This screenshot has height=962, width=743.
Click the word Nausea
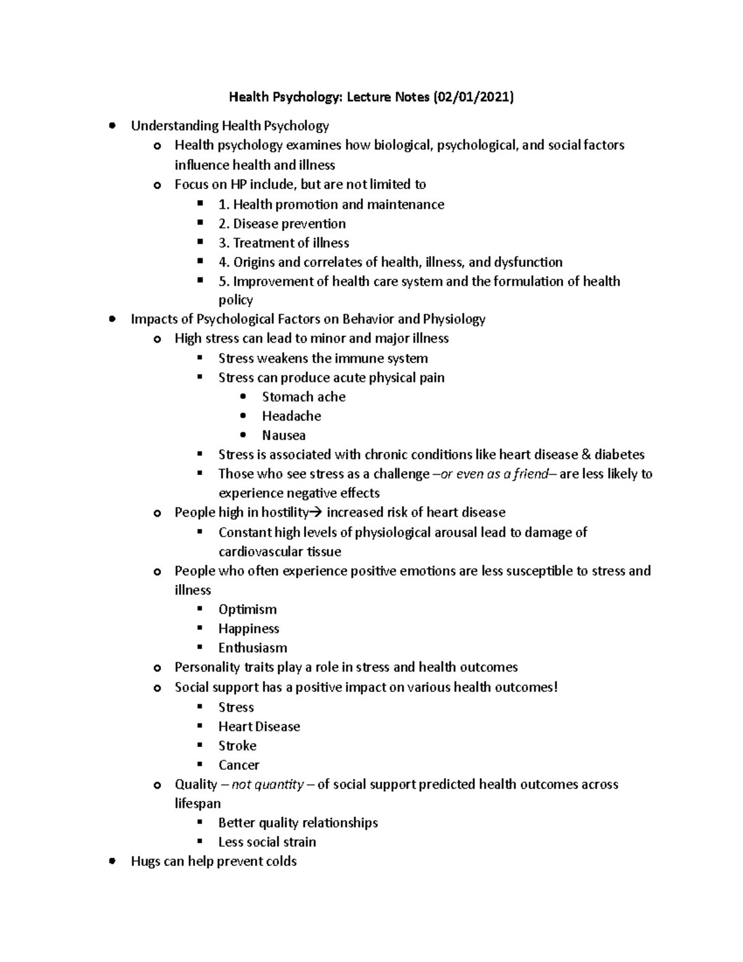coord(284,435)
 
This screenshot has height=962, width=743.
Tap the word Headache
coord(291,416)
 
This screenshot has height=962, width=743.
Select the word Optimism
coord(247,609)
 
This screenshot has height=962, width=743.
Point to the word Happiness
coord(248,628)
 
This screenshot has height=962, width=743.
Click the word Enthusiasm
coord(253,647)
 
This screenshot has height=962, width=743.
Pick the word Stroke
coord(237,745)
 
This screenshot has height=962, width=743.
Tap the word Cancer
coord(238,764)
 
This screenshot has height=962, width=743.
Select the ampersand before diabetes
coord(586,455)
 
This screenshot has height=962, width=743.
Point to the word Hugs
coord(146,861)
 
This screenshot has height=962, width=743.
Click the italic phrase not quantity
coord(267,784)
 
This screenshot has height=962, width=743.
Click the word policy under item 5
coord(235,300)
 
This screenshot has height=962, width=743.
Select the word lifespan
coord(198,803)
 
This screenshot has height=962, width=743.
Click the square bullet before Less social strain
coord(199,841)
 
